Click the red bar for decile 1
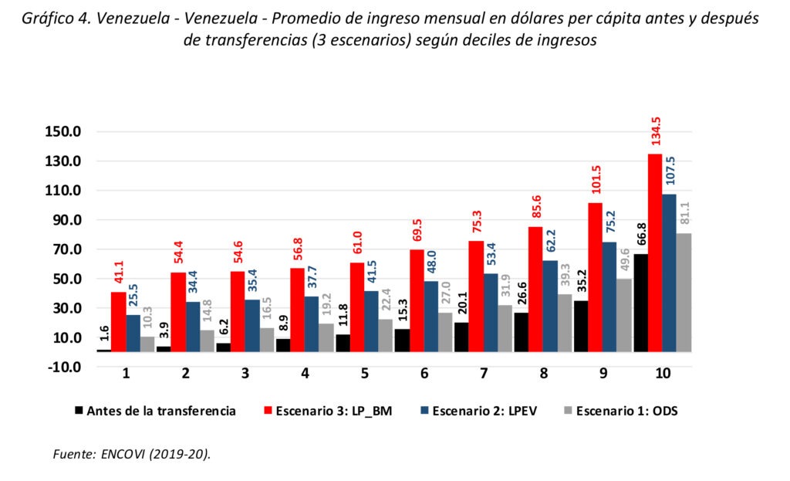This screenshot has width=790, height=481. coord(118,321)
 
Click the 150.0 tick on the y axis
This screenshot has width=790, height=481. coord(64,131)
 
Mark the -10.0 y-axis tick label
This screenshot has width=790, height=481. coord(64,367)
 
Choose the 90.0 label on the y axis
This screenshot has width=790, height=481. coord(64,220)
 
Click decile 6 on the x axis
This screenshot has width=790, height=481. coord(424,374)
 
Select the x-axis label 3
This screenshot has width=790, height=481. coord(246,374)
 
